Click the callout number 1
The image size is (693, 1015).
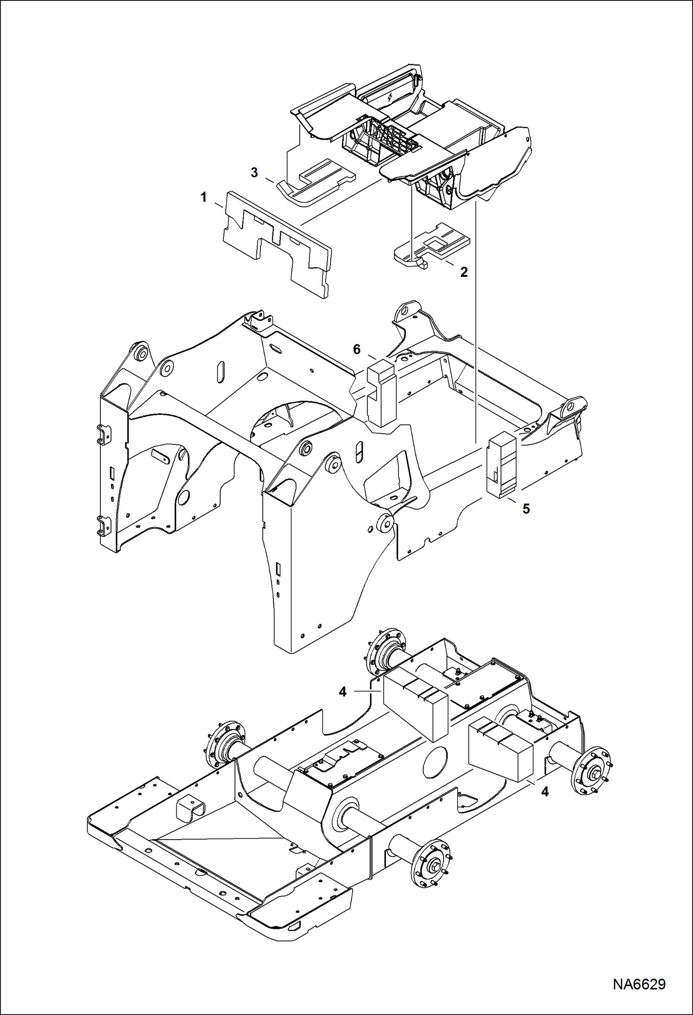tap(204, 197)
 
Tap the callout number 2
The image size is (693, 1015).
tap(464, 272)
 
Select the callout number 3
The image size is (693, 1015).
tap(254, 173)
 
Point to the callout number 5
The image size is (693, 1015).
tap(526, 509)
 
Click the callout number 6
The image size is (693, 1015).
tap(357, 349)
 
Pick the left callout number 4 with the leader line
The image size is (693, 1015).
tap(342, 692)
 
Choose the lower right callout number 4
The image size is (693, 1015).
tap(545, 792)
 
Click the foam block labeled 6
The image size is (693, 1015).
tap(382, 393)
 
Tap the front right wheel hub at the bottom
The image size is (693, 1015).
tap(431, 864)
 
